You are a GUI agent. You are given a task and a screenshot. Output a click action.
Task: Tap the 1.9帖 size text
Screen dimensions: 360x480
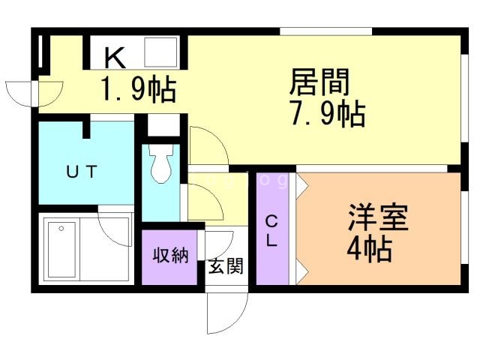[139, 90]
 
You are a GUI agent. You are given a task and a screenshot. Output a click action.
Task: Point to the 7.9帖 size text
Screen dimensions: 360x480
[328, 115]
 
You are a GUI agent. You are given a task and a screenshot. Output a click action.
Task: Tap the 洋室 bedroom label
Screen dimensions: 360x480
[377, 217]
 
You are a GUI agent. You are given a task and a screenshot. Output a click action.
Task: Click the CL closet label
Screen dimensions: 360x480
[272, 231]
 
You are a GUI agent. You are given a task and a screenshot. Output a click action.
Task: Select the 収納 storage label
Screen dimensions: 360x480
[170, 256]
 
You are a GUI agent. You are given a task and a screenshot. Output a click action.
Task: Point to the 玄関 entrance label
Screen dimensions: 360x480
[226, 265]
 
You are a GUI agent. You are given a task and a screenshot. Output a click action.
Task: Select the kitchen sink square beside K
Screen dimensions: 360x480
[160, 52]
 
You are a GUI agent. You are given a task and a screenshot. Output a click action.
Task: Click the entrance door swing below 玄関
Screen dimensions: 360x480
[226, 311]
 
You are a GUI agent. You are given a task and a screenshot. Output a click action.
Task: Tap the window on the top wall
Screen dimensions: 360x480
[325, 31]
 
